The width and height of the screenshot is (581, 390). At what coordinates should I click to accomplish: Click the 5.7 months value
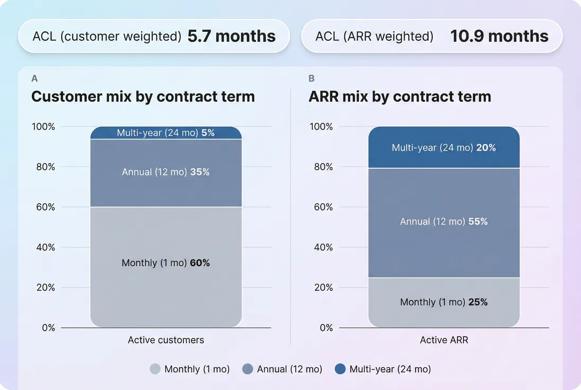232,36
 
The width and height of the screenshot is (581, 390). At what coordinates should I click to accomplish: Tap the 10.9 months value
499,36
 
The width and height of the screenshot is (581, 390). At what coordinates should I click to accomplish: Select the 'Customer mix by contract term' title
143,97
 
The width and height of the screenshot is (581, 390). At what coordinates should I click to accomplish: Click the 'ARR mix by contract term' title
400,97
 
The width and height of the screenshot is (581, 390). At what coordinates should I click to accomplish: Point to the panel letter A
34,79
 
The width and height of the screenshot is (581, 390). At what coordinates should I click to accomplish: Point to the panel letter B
311,79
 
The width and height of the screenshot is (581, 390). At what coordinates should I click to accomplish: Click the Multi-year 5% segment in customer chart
166,133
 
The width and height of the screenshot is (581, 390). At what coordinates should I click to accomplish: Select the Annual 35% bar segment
166,172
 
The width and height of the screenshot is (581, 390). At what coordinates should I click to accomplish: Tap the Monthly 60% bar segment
166,263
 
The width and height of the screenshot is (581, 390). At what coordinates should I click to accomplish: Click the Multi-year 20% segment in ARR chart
444,148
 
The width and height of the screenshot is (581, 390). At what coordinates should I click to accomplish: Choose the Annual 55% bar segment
444,222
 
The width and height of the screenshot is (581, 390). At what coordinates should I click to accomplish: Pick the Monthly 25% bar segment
444,302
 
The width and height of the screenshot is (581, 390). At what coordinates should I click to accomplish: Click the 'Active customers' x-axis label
166,340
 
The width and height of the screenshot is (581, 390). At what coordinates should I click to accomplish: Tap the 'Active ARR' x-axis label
444,340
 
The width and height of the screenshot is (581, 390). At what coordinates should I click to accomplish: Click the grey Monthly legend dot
155,369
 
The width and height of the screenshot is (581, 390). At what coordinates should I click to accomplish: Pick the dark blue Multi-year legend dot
340,369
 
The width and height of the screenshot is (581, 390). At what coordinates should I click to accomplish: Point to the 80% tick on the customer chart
45,167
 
